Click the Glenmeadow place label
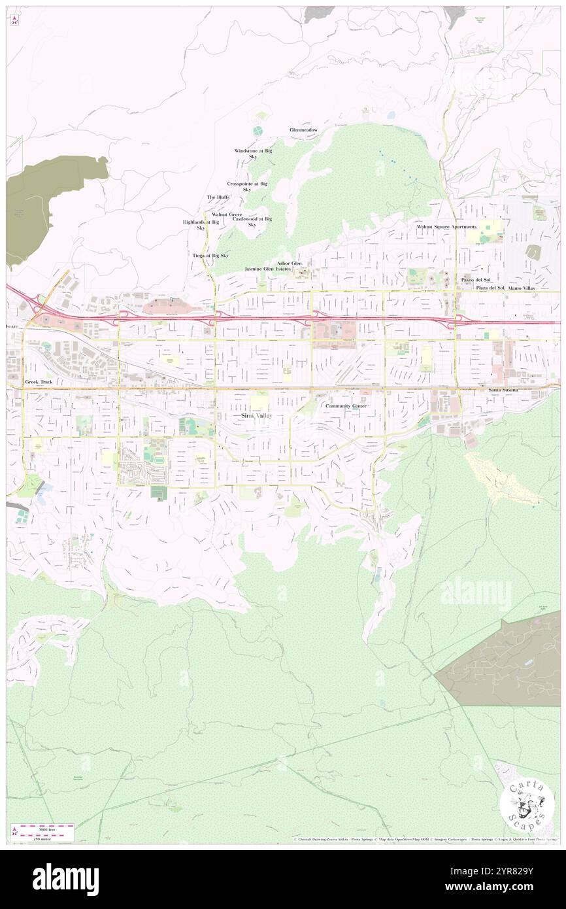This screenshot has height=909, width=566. pyautogui.click(x=304, y=130)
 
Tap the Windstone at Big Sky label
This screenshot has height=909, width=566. pyautogui.click(x=253, y=154)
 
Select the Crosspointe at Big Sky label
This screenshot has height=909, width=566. pyautogui.click(x=247, y=187)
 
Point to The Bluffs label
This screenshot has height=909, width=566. pyautogui.click(x=218, y=197)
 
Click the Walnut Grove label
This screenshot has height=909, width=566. pyautogui.click(x=227, y=214)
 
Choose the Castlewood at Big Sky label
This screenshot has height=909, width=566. pyautogui.click(x=252, y=222)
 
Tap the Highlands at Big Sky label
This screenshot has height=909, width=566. pyautogui.click(x=201, y=225)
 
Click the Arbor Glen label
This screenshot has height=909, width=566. pyautogui.click(x=290, y=264)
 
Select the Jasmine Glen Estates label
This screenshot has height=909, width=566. pyautogui.click(x=268, y=269)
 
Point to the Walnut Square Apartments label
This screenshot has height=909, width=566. pyautogui.click(x=447, y=227)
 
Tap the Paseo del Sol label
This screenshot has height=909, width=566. pyautogui.click(x=475, y=280)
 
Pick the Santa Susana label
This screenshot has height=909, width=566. pyautogui.click(x=503, y=390)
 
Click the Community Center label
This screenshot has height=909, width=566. pyautogui.click(x=346, y=406)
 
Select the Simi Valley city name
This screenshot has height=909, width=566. pyautogui.click(x=256, y=416)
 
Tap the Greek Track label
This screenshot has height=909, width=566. pyautogui.click(x=38, y=381)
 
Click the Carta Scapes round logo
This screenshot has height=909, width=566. pyautogui.click(x=527, y=804)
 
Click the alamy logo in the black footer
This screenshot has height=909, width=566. pyautogui.click(x=65, y=880)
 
